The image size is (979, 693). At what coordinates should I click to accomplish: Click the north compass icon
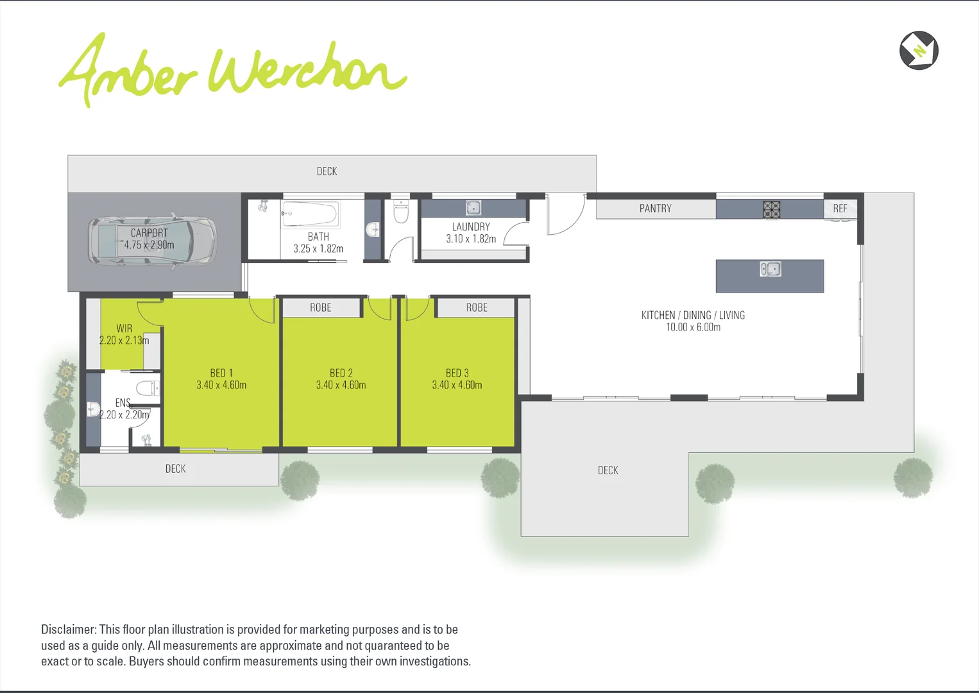pos(919,50)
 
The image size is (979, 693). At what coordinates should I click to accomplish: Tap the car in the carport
pos(152,240)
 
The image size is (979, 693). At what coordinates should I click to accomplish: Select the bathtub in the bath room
pos(311,214)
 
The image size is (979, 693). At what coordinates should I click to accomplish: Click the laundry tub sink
pos(473,208)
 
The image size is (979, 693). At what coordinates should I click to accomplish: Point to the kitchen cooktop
pos(771,209)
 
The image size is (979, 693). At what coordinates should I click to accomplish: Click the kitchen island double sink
pos(770,269)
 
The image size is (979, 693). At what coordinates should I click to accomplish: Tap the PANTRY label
pos(655,209)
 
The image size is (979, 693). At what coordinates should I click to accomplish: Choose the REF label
pos(840,209)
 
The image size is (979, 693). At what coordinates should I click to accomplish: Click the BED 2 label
pos(341,373)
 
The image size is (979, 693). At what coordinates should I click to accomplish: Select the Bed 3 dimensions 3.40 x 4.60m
pos(457,385)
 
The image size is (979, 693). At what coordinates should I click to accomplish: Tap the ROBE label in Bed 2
pos(321,308)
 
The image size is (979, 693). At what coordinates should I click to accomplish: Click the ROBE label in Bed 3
pos(477,308)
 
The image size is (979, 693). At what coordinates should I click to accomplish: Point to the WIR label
pos(124,329)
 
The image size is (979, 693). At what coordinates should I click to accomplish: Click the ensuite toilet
pos(148,388)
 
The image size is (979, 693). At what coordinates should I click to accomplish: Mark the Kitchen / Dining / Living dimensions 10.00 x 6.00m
pos(693,327)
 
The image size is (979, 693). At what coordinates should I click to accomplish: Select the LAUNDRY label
pos(471,227)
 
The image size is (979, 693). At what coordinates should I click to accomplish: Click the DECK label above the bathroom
pos(327,171)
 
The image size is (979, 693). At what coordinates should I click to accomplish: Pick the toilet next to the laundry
pos(401,211)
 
